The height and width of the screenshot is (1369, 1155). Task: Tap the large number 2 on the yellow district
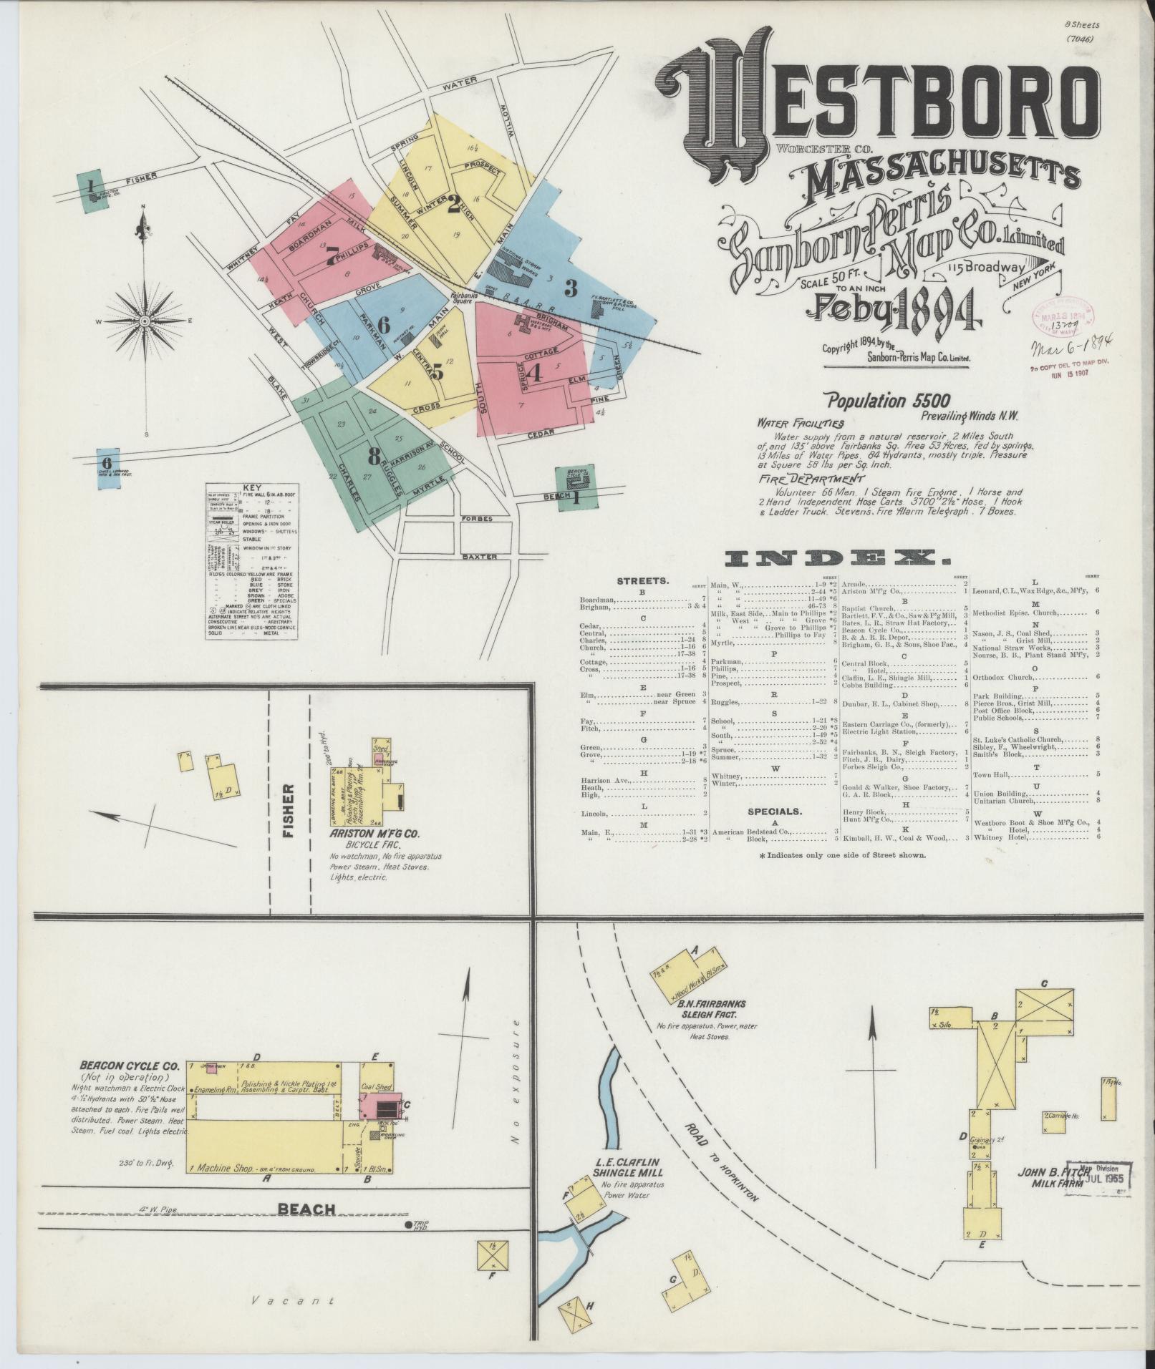pyautogui.click(x=453, y=207)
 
